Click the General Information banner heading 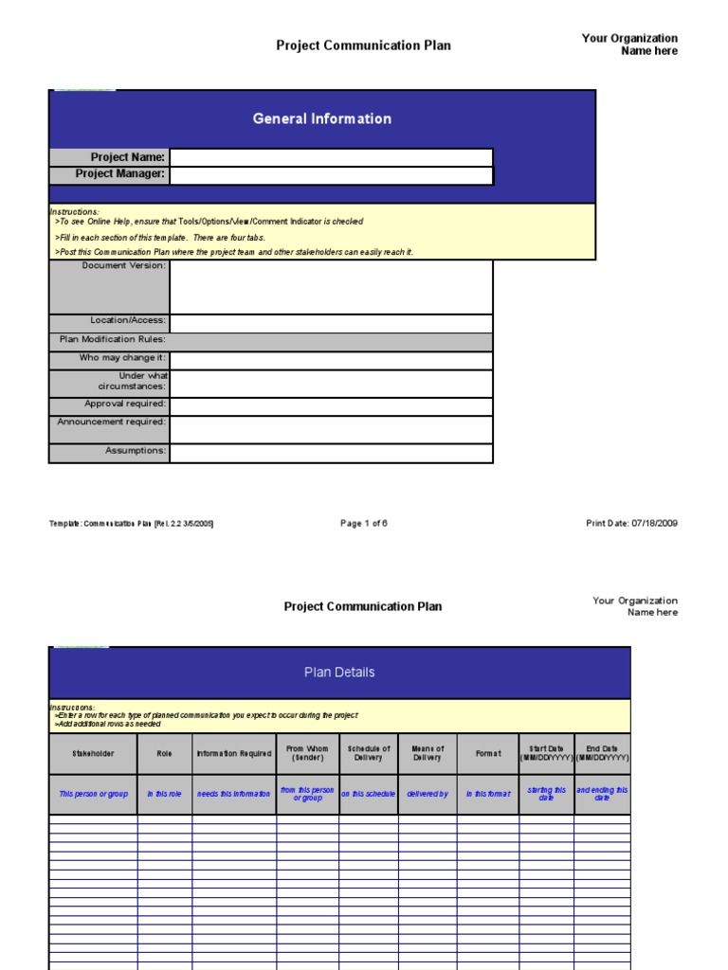point(321,118)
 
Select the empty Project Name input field point(331,157)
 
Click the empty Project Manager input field point(331,175)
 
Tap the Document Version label point(123,266)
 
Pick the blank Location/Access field point(331,323)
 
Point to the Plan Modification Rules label point(112,339)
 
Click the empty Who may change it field point(331,360)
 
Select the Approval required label point(125,404)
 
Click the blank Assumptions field point(331,453)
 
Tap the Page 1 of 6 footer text point(364,523)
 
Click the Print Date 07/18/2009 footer point(632,523)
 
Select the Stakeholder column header point(93,754)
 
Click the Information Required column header point(234,754)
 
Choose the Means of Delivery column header point(428,753)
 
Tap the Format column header point(488,754)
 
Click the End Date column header point(602,753)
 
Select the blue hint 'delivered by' point(428,794)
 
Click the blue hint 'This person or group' point(93,794)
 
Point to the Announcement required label point(111,422)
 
